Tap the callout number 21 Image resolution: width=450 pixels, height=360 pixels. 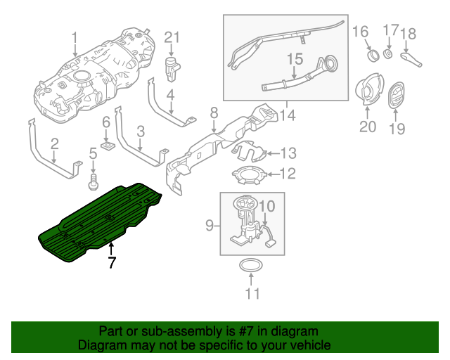click(172, 37)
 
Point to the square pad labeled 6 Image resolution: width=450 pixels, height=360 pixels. click(107, 146)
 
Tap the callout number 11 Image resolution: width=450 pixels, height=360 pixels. click(252, 293)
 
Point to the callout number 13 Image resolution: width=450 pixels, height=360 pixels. click(290, 153)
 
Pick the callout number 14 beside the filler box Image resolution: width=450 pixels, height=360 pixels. click(288, 115)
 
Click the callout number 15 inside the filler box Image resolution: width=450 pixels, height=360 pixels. click(294, 60)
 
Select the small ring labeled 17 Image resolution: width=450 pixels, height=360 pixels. click(392, 55)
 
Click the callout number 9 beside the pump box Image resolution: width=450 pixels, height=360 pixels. click(209, 225)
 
